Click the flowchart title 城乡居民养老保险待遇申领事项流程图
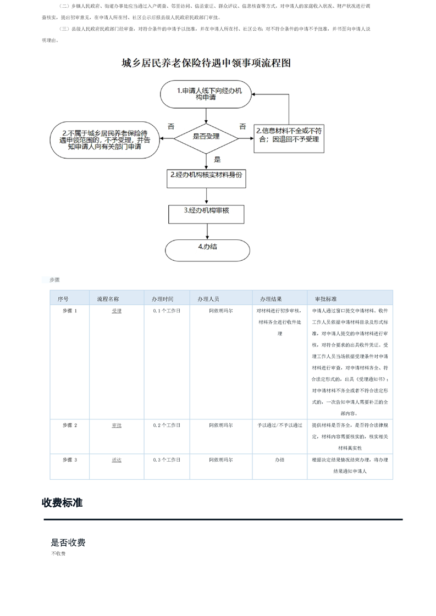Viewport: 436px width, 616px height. pyautogui.click(x=206, y=63)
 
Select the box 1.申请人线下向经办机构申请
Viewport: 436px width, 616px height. pyautogui.click(x=206, y=94)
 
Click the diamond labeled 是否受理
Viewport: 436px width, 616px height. pyautogui.click(x=206, y=136)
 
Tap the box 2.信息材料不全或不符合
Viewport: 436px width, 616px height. pyautogui.click(x=289, y=135)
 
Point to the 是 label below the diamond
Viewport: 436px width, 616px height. pyautogui.click(x=217, y=159)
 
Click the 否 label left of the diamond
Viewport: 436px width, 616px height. pyautogui.click(x=170, y=127)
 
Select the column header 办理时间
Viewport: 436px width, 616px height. pyautogui.click(x=163, y=299)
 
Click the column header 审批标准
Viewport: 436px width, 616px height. pyautogui.click(x=325, y=299)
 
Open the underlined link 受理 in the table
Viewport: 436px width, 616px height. pyautogui.click(x=117, y=311)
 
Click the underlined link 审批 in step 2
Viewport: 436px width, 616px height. pyautogui.click(x=117, y=425)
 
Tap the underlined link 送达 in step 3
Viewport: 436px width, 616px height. pyautogui.click(x=117, y=460)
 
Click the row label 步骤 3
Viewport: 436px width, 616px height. pyautogui.click(x=70, y=460)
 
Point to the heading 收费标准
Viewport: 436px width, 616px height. pyautogui.click(x=62, y=502)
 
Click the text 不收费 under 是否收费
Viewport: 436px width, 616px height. pyautogui.click(x=58, y=554)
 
